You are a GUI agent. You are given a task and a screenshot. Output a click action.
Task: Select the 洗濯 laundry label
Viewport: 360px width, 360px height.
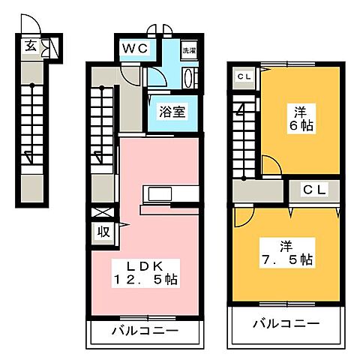click(x=189, y=50)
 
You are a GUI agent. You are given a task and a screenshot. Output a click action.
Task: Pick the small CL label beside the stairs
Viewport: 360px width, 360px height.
click(x=244, y=76)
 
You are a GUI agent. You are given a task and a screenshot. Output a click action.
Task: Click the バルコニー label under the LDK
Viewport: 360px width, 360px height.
click(x=146, y=331)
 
